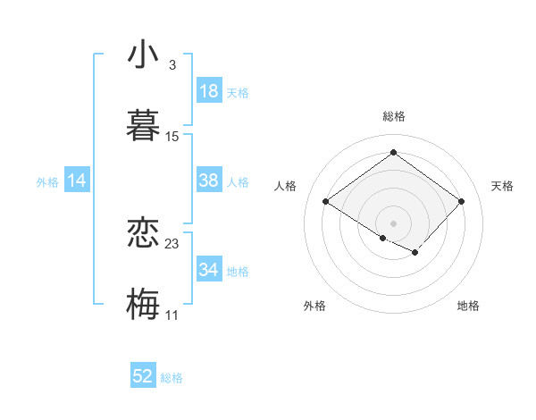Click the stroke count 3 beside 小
[172, 65]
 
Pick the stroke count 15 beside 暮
[172, 137]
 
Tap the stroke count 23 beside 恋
[172, 243]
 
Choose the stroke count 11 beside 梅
[172, 315]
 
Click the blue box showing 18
[209, 91]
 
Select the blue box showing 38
[209, 181]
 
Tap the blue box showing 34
[209, 270]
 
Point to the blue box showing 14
[77, 181]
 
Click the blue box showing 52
[143, 376]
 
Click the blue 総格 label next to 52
[172, 378]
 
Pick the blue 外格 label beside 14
[47, 182]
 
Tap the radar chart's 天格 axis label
[502, 186]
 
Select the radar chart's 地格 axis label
[468, 306]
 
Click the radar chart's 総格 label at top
[393, 116]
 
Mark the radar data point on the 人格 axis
[325, 202]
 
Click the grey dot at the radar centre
[393, 222]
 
